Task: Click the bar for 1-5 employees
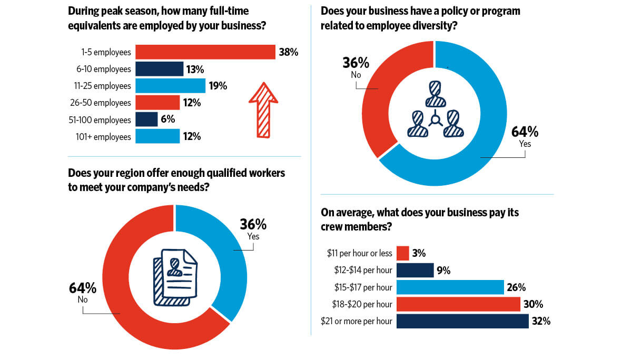click(x=205, y=52)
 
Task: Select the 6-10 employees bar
click(x=159, y=69)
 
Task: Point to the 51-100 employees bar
click(x=146, y=119)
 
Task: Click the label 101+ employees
click(x=104, y=137)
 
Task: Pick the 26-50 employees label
click(x=103, y=103)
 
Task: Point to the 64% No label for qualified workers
click(x=83, y=293)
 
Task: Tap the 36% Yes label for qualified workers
click(x=253, y=229)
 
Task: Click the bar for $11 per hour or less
click(x=402, y=253)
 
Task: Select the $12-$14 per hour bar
click(x=414, y=271)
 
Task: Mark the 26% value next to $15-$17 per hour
click(x=517, y=287)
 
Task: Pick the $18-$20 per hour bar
click(x=458, y=304)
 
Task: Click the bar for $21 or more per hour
click(x=462, y=321)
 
